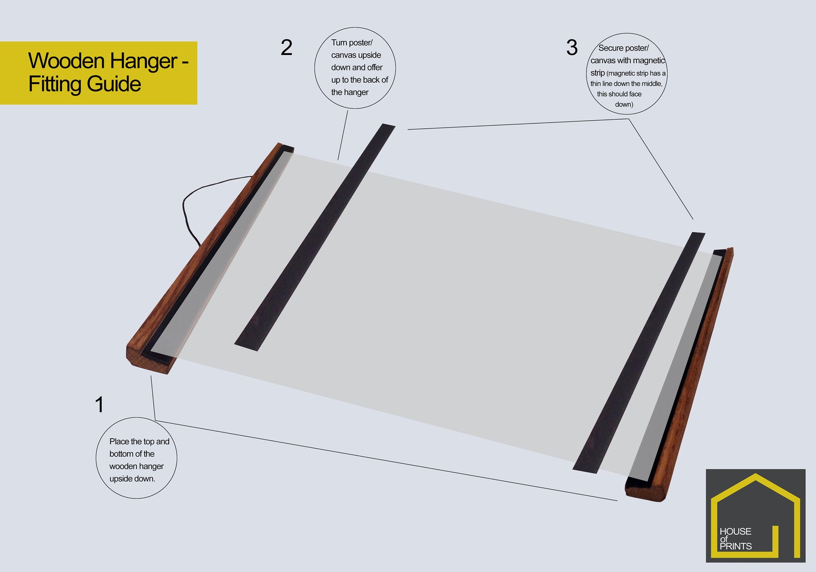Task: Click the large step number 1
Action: coord(100,404)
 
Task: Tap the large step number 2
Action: coord(286,47)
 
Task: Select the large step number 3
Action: coord(572,47)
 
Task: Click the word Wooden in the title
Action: coord(66,61)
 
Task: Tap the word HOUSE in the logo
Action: coord(735,531)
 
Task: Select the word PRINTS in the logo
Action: coord(735,546)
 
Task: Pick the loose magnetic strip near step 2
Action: coord(315,237)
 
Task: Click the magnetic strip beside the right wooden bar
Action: coord(639,353)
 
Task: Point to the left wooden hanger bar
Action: coord(210,258)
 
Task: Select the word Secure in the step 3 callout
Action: coord(610,48)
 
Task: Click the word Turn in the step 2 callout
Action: coord(339,43)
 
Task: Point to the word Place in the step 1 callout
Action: coord(119,441)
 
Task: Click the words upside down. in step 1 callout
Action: coord(132,479)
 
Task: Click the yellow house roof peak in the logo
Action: coord(755,475)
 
